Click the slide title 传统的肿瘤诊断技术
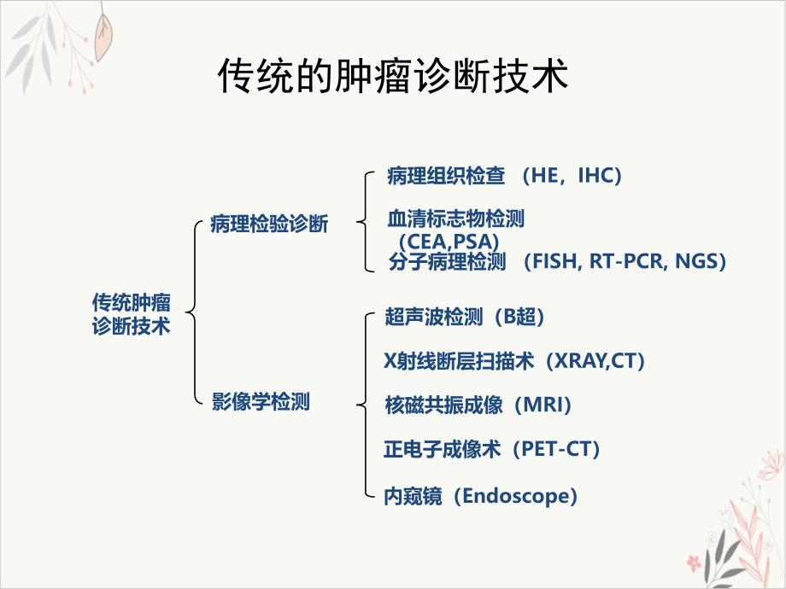coord(393,77)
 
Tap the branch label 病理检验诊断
coord(268,225)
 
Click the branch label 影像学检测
coord(261,401)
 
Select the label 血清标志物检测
coord(455,219)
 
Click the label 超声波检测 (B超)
coord(465,317)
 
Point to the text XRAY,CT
coord(595,360)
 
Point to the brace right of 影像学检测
coord(366,405)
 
